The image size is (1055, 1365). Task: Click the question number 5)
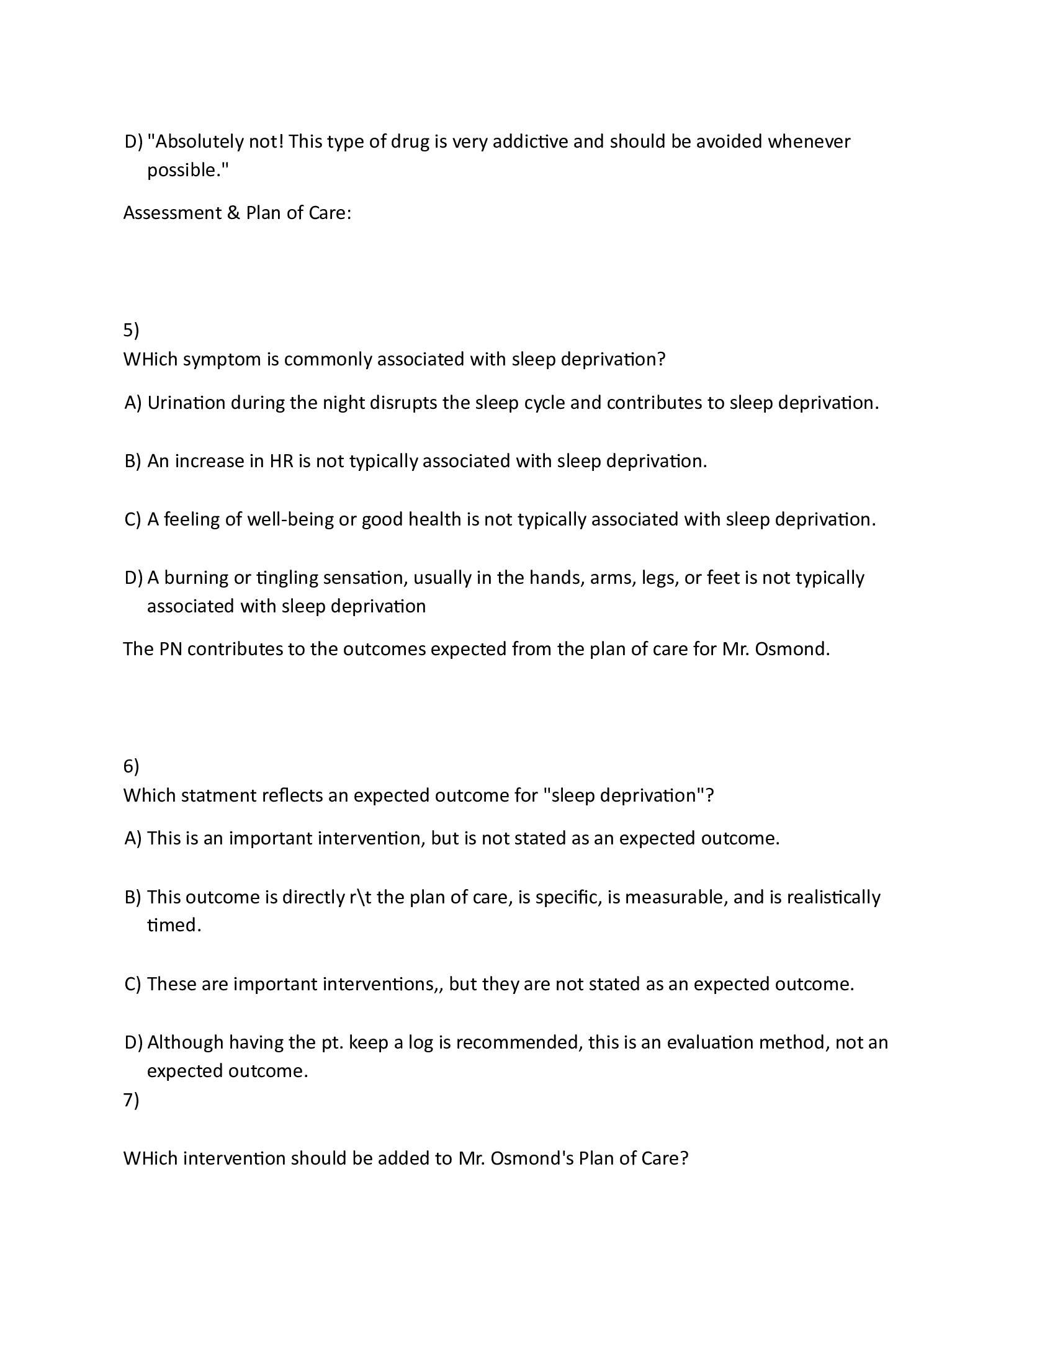point(131,330)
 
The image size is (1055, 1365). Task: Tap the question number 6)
point(131,766)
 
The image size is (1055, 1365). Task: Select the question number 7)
point(131,1100)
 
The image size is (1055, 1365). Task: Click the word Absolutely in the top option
point(196,142)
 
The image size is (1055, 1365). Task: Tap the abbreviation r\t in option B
point(361,898)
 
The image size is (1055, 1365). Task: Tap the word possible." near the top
point(188,171)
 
